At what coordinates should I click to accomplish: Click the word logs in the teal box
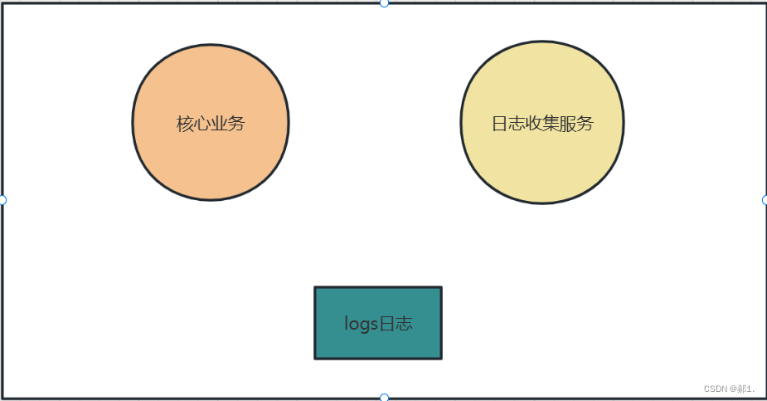pos(361,324)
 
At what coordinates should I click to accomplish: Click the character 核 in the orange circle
pos(185,124)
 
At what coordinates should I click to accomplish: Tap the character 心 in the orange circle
pos(201,124)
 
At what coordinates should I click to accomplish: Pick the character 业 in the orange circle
pos(219,124)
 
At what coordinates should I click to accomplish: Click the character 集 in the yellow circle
pos(551,124)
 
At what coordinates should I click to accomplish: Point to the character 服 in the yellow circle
pos(568,124)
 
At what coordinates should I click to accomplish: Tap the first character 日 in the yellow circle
pos(500,124)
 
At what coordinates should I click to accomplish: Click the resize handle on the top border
pos(384,2)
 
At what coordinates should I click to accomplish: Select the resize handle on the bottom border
pos(384,398)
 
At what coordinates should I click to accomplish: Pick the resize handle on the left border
pos(2,200)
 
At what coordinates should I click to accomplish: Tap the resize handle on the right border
pos(765,200)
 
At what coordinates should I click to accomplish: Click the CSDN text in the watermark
pos(715,389)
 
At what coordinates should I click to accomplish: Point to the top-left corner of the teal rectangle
pos(315,287)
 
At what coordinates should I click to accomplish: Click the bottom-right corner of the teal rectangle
pos(441,359)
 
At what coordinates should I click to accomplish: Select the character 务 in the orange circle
pos(236,124)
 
